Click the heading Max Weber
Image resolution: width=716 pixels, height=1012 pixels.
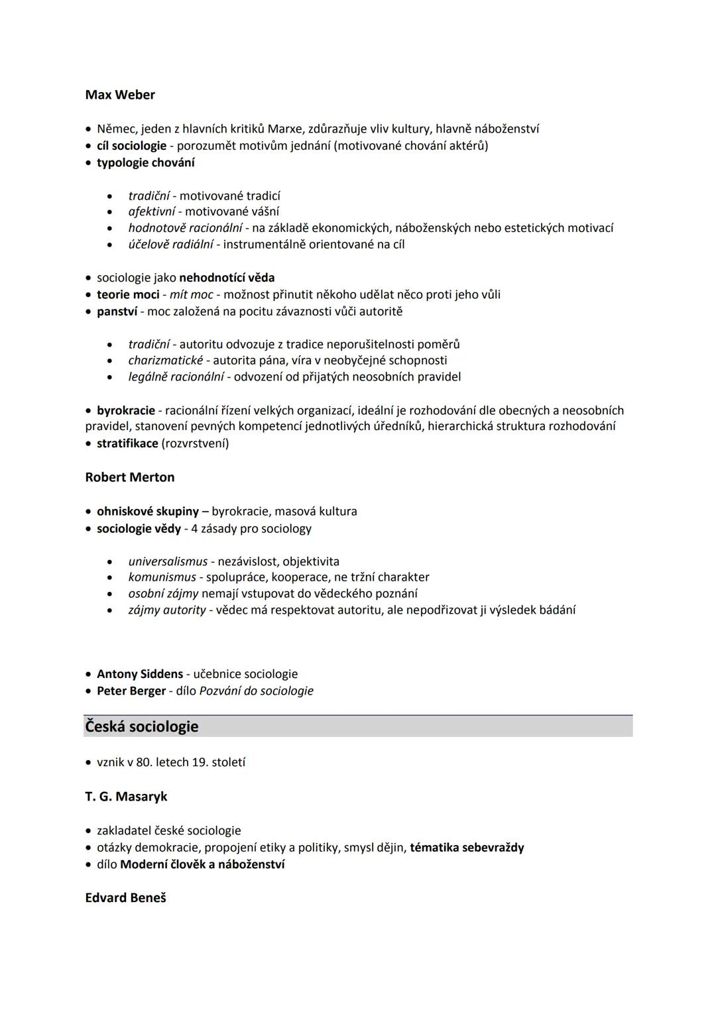click(120, 95)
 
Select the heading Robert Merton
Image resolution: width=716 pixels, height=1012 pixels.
click(130, 477)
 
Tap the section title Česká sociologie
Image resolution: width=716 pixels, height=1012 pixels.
click(142, 726)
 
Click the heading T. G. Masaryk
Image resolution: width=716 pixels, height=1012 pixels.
click(126, 797)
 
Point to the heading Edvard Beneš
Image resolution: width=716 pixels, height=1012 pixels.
click(125, 898)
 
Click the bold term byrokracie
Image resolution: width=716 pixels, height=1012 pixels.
click(126, 410)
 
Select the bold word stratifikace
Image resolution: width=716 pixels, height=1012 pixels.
click(127, 443)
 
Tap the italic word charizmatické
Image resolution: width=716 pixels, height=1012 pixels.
click(166, 361)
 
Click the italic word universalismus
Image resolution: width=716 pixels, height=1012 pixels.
click(168, 561)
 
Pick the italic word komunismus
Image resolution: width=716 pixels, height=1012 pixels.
click(162, 577)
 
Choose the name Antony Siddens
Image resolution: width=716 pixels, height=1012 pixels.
click(140, 674)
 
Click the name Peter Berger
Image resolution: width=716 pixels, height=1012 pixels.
click(131, 691)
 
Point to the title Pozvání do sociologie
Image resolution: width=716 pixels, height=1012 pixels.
click(256, 691)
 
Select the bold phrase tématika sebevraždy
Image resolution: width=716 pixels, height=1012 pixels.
click(467, 848)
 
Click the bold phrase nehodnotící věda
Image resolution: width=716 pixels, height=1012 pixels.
click(227, 278)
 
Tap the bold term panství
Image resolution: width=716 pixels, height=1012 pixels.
click(117, 311)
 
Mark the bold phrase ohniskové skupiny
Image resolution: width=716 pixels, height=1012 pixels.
click(148, 512)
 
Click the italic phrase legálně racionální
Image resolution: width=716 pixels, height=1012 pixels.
click(176, 377)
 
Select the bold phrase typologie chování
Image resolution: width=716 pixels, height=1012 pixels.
click(146, 162)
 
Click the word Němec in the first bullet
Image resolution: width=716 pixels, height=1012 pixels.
click(115, 129)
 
